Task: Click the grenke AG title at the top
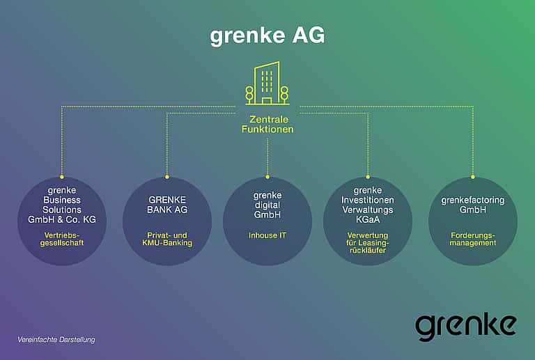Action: (267, 36)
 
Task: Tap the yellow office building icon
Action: (267, 83)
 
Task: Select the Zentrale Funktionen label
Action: (267, 125)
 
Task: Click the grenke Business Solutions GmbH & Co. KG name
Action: (62, 205)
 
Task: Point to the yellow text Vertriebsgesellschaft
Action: (62, 239)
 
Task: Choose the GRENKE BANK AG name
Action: (167, 205)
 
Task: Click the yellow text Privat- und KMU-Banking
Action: (167, 239)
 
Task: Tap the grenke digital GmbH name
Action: (267, 205)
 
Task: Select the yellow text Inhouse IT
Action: (267, 235)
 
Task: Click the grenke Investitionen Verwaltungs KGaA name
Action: (368, 205)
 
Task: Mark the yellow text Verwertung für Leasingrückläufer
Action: (368, 243)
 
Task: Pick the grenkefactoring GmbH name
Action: (472, 205)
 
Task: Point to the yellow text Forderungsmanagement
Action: (472, 239)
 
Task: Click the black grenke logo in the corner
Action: (465, 327)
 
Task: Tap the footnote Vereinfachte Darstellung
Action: (56, 340)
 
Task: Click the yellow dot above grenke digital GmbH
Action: (267, 177)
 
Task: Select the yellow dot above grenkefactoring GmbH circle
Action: (472, 177)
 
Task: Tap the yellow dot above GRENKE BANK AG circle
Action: (167, 177)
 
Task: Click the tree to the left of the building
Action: (249, 95)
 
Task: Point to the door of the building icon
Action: (267, 101)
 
